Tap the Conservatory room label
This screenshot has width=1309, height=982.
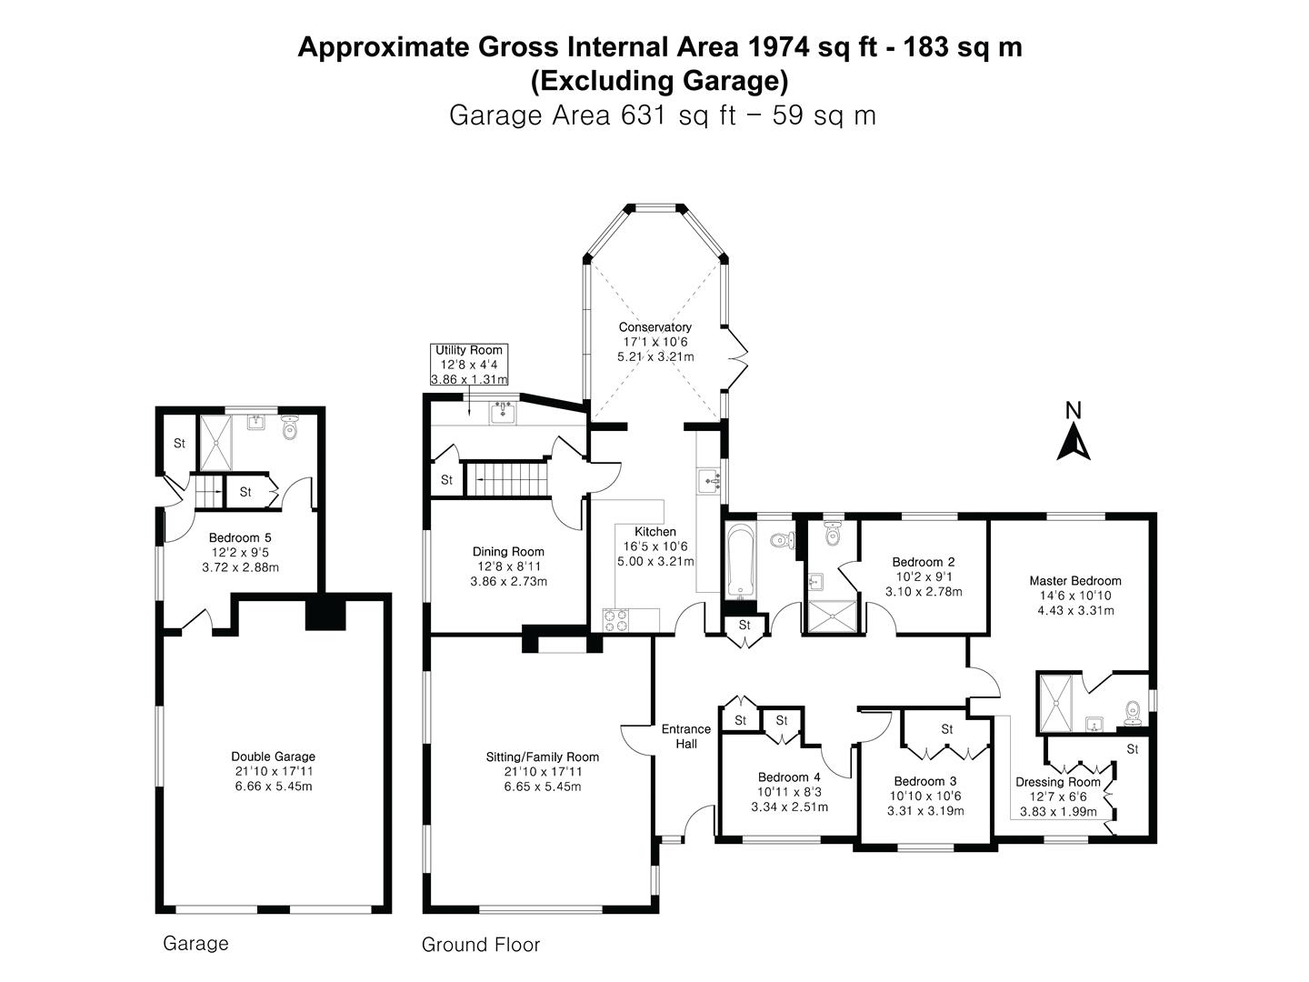654,327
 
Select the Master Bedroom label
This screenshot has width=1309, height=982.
1074,581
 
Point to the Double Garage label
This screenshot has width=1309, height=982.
273,757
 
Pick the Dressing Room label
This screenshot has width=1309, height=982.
1057,782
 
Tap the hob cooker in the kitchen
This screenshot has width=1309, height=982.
615,619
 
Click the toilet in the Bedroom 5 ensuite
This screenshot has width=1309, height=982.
290,427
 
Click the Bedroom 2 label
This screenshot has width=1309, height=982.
923,562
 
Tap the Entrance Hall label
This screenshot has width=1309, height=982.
686,736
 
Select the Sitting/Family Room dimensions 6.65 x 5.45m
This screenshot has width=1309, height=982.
542,787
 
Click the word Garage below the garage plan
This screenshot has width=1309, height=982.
195,944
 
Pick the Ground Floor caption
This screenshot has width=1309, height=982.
480,946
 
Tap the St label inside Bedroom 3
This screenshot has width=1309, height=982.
946,729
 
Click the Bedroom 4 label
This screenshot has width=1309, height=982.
789,777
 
